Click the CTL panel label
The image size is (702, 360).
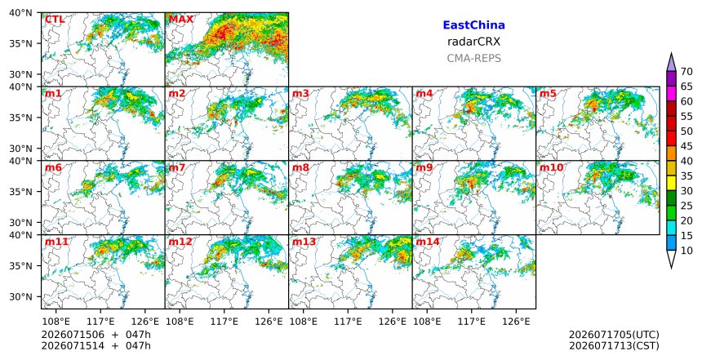pyautogui.click(x=55, y=20)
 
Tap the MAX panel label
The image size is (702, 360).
pyautogui.click(x=181, y=20)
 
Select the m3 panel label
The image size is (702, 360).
pyautogui.click(x=300, y=94)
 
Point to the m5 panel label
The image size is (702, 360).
pyautogui.click(x=548, y=94)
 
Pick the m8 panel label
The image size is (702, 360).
pyautogui.click(x=300, y=167)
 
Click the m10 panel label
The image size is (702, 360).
pyautogui.click(x=551, y=167)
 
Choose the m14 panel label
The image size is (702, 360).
pyautogui.click(x=428, y=242)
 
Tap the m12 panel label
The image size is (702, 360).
pyautogui.click(x=180, y=242)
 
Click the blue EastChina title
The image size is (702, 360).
pyautogui.click(x=473, y=25)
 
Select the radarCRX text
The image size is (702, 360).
pyautogui.click(x=473, y=42)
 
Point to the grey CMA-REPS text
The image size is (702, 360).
pyautogui.click(x=473, y=58)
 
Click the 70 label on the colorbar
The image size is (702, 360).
pyautogui.click(x=686, y=72)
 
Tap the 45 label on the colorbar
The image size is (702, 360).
pyautogui.click(x=686, y=146)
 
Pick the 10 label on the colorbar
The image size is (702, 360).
pyautogui.click(x=686, y=251)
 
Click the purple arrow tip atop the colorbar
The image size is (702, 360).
pyautogui.click(x=671, y=54)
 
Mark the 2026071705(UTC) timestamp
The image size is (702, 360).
pyautogui.click(x=614, y=335)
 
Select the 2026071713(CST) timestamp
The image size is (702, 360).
pyautogui.click(x=614, y=345)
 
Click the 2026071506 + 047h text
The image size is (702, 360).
pyautogui.click(x=96, y=335)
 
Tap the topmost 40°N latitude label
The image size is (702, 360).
pyautogui.click(x=20, y=13)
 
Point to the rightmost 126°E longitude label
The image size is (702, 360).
pyautogui.click(x=516, y=322)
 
